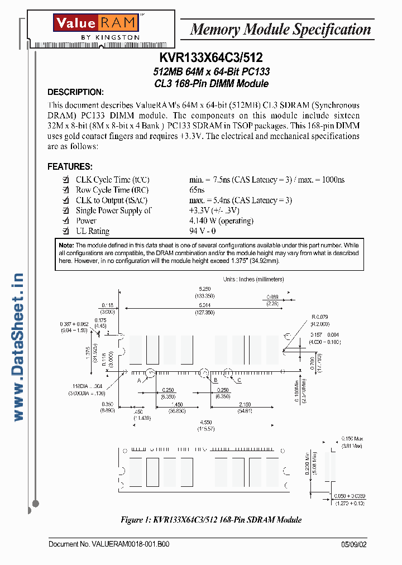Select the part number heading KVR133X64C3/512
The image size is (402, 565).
pyautogui.click(x=211, y=58)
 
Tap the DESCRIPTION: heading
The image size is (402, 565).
pyautogui.click(x=75, y=92)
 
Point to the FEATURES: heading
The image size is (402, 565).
pyautogui.click(x=70, y=166)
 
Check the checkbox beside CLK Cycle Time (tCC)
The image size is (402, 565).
pyautogui.click(x=66, y=180)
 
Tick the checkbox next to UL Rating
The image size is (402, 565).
pyautogui.click(x=66, y=231)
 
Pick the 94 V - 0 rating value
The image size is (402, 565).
pyautogui.click(x=203, y=231)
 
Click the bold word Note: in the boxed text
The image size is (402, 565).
pyautogui.click(x=66, y=246)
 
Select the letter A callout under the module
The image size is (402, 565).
pyautogui.click(x=138, y=381)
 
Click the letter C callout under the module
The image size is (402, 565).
pyautogui.click(x=239, y=380)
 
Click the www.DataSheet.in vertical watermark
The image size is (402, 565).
pyautogui.click(x=18, y=347)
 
